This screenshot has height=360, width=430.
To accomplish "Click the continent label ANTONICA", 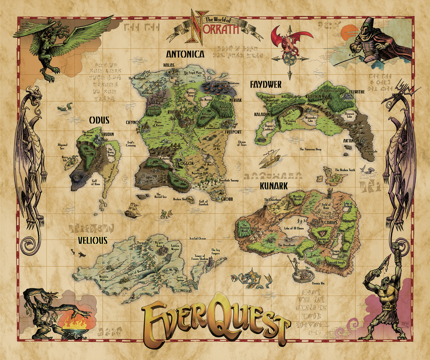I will coord(185,55).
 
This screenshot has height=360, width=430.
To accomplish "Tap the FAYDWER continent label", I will coord(266,85).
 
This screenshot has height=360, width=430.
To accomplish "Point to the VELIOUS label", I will coord(92,240).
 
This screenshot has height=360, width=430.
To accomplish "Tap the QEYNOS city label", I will coord(133,122).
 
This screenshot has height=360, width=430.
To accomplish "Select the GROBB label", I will coord(226,198).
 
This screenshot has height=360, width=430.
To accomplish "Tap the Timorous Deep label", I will coord(311,149).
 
